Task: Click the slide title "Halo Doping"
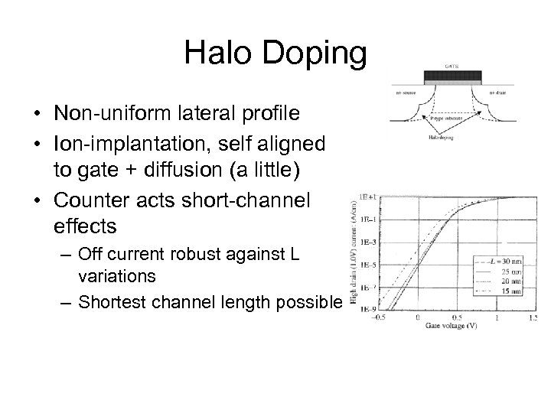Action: pyautogui.click(x=275, y=53)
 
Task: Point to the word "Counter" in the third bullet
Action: pyautogui.click(x=92, y=200)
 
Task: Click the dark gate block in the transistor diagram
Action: pyautogui.click(x=453, y=76)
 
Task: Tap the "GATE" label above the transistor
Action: pyautogui.click(x=453, y=66)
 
